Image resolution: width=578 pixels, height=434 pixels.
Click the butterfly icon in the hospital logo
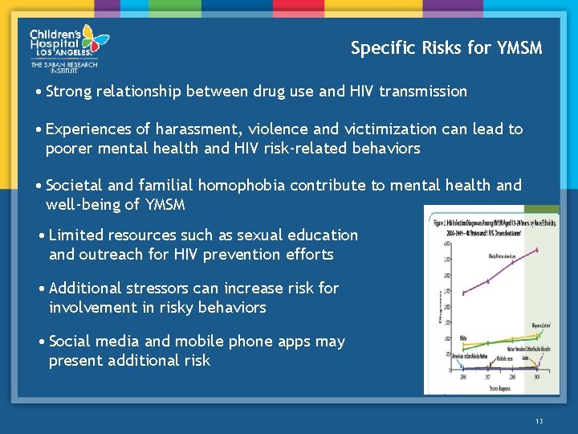[94, 37]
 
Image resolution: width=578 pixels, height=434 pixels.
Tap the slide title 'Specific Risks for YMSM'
[446, 48]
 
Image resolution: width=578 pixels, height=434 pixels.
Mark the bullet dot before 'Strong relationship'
[39, 92]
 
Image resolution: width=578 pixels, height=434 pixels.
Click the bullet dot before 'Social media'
[43, 342]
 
